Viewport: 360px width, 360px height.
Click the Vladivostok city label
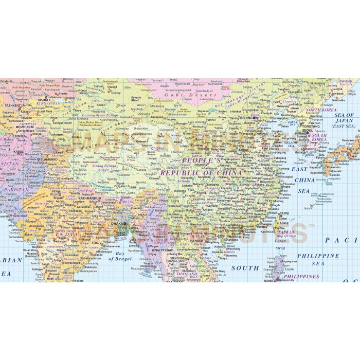[x=336, y=94]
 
